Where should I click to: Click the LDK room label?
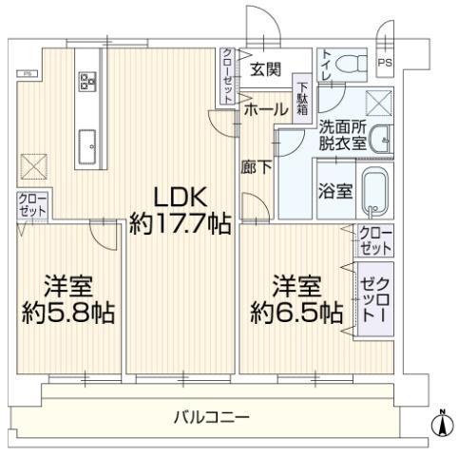coord(181,198)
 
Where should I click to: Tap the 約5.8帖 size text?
coord(68,313)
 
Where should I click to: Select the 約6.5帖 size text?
coord(296,313)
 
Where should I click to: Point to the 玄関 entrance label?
coord(265,69)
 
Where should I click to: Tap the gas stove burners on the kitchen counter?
coord(87,82)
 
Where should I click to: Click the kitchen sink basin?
coord(86,146)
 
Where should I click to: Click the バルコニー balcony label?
coord(212,417)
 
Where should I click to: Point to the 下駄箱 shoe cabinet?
coord(302,99)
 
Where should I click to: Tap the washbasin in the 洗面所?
coord(381,141)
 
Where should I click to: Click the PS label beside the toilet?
coord(385,63)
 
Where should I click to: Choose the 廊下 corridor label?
coord(256,167)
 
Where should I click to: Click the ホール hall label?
coord(266,109)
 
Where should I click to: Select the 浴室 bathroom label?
coord(335,191)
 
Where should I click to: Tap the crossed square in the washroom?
coord(378,103)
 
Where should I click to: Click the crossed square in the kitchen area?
coord(33,166)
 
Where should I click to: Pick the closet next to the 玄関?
coord(227,76)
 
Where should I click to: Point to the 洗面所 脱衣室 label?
coord(342,136)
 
